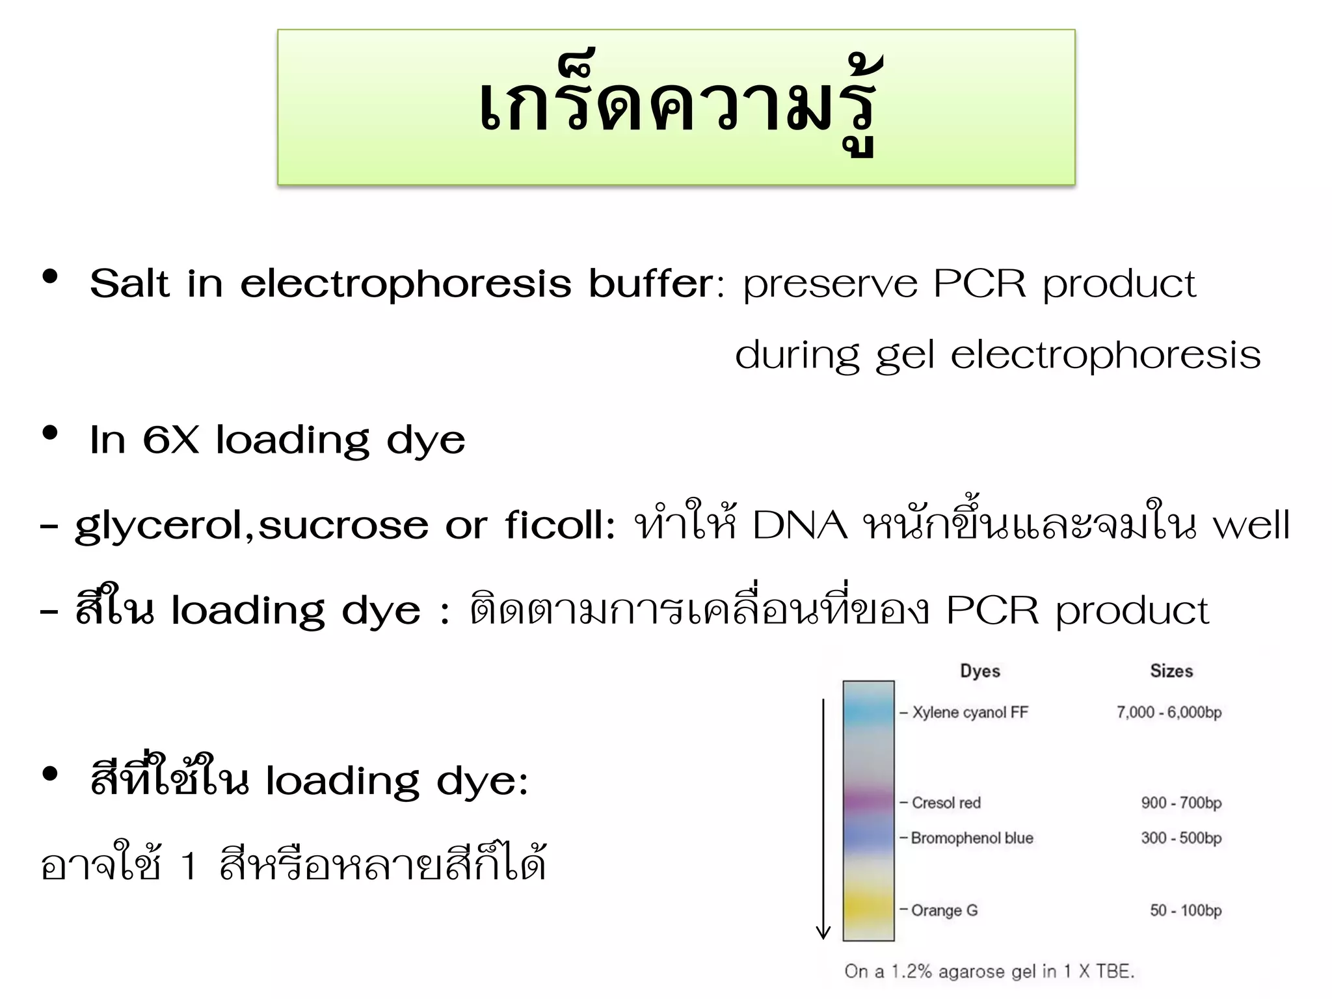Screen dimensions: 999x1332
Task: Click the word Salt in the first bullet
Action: point(130,284)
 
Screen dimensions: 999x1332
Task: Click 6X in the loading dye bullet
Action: point(170,440)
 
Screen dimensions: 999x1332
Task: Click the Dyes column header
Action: point(980,671)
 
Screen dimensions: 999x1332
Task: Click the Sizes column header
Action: point(1171,671)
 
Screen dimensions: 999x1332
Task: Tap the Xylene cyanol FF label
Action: point(970,712)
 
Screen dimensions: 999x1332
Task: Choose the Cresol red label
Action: point(946,803)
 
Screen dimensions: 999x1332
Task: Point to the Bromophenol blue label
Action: point(972,838)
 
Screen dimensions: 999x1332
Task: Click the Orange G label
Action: point(944,910)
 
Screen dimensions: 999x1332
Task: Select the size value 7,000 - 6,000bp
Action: point(1169,712)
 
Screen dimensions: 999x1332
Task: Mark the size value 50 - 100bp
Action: point(1185,910)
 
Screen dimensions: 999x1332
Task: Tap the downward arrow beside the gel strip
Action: point(823,819)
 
